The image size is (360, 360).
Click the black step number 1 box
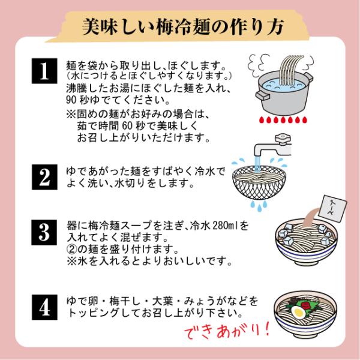tap(44, 71)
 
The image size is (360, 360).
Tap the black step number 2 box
tap(44, 177)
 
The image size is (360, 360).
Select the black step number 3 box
tap(44, 232)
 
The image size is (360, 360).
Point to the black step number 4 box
tap(44, 307)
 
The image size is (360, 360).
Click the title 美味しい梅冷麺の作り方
tap(183, 27)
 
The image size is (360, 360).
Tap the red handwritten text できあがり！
tap(227, 331)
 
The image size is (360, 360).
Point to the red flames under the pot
tap(283, 120)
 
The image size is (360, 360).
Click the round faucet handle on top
tap(283, 138)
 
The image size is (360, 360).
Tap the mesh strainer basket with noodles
tap(259, 182)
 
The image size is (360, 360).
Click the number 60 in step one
tap(127, 126)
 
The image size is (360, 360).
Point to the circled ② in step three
tap(71, 248)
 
